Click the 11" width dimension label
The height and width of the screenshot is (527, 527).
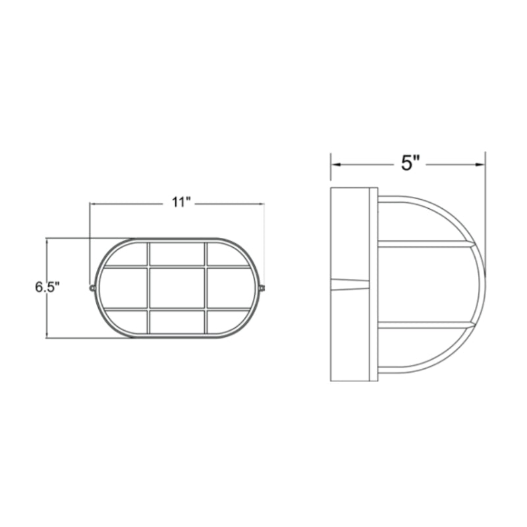point(182,202)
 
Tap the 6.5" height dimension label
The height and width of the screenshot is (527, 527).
point(47,287)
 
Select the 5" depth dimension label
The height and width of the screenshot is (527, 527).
point(410,163)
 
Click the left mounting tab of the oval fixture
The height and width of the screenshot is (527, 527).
point(92,288)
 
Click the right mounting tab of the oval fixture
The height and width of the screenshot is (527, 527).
point(262,288)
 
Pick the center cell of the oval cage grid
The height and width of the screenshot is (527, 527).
point(177,288)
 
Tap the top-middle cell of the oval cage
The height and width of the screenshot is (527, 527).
point(177,254)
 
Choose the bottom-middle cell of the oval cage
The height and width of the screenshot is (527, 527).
point(177,321)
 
